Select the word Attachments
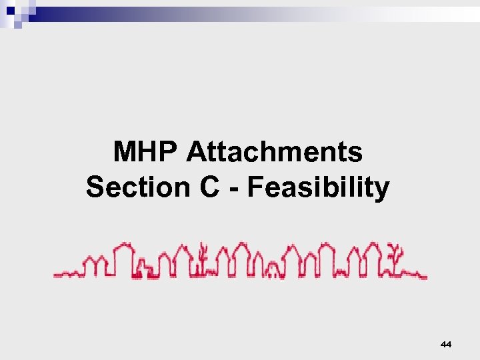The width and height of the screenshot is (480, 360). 275,153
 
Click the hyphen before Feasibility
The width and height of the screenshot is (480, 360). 235,189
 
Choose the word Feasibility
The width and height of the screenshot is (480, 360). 318,188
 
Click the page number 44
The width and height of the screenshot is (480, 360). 446,344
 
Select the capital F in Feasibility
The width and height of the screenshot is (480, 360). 254,187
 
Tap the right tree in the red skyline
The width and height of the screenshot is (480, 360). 398,259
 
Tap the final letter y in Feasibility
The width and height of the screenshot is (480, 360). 381,190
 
